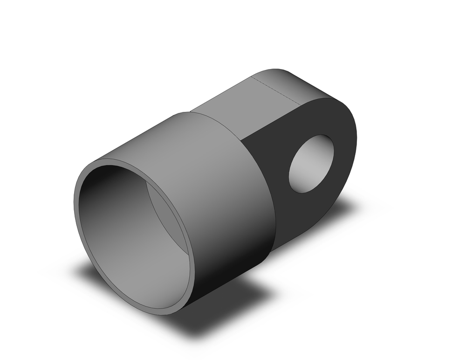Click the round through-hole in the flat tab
[x=311, y=164]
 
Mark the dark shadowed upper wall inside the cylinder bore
[x=112, y=187]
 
